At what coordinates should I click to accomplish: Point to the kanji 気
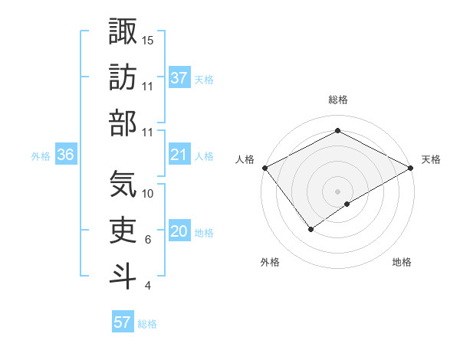[123, 183]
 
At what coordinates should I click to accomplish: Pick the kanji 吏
[123, 229]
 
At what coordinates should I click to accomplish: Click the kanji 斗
[123, 275]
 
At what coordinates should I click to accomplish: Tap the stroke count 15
[149, 39]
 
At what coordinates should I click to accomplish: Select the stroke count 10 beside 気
[149, 194]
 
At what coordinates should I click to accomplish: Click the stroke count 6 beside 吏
[148, 240]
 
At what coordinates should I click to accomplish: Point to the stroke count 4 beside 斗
[148, 286]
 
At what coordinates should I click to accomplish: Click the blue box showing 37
[179, 78]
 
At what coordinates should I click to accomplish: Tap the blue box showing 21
[179, 155]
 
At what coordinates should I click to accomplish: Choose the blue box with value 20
[179, 231]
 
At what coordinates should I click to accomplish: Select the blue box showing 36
[66, 155]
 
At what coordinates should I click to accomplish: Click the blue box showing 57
[123, 322]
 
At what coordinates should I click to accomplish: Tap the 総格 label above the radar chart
[337, 100]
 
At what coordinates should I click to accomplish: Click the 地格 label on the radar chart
[402, 262]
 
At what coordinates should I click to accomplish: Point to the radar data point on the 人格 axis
[264, 168]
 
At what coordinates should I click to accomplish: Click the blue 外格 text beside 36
[41, 156]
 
